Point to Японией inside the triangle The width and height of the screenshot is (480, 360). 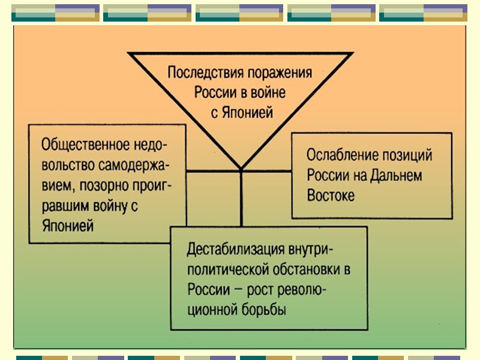coord(245,112)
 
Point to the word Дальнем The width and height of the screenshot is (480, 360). coord(396,176)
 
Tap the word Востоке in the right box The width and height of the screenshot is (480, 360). coord(331,196)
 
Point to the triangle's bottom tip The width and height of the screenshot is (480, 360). coord(241,167)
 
